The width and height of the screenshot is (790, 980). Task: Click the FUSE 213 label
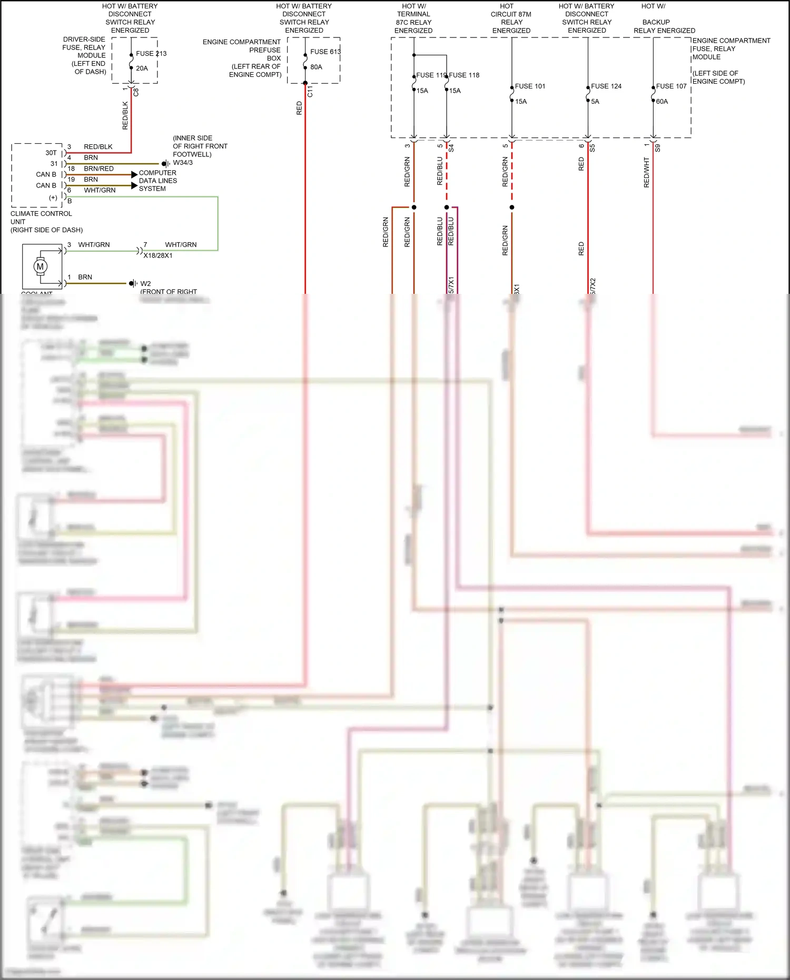tap(151, 53)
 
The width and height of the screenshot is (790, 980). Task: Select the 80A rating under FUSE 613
tap(316, 67)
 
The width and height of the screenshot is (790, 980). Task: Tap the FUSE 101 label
tap(530, 86)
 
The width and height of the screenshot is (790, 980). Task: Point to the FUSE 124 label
tap(606, 86)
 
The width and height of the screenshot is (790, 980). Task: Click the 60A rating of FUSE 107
tap(661, 101)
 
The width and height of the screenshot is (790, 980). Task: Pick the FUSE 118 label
tap(464, 75)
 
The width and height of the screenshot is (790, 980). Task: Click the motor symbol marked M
tap(41, 266)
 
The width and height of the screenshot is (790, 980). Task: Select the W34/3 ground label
tap(183, 163)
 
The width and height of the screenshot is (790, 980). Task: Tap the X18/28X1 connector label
tap(158, 255)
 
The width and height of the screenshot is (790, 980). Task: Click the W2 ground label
tap(145, 283)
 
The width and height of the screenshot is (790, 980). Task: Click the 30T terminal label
tap(51, 153)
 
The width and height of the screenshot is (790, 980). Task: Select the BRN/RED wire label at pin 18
tap(98, 169)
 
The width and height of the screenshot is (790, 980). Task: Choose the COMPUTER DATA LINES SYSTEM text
tap(157, 181)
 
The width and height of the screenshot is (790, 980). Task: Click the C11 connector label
tap(310, 91)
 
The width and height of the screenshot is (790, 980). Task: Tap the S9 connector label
tap(657, 149)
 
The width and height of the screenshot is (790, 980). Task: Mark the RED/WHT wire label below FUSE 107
tap(647, 172)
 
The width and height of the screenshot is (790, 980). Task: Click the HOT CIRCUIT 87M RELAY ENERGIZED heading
tap(511, 18)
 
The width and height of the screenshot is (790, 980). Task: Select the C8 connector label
tap(136, 91)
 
